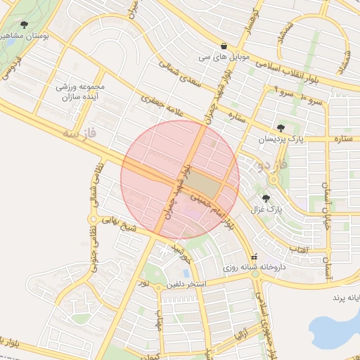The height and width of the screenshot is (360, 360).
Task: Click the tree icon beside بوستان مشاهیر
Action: pos(25,25)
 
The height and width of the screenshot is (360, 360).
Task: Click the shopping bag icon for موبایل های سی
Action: pos(224,46)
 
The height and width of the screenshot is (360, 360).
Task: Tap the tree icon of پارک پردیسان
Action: pos(281,128)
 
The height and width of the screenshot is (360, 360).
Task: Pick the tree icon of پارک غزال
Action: pos(266,199)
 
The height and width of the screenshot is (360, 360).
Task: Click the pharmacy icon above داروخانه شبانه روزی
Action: pos(255,255)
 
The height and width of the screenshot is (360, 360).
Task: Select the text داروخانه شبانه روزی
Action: pos(254,267)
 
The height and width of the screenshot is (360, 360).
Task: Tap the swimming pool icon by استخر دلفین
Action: pos(184,272)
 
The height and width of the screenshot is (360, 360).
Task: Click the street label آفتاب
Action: pos(298,250)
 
